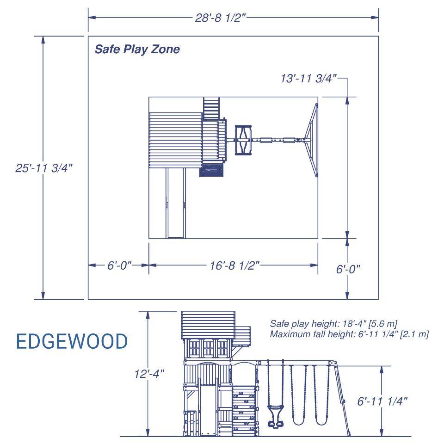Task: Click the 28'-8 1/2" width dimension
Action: pos(220,18)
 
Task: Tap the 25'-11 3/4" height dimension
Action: pos(44,168)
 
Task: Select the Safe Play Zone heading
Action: pos(137,49)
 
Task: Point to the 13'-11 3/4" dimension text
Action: pos(308,79)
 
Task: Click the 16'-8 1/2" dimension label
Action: pos(234,265)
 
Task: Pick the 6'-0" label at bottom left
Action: pos(119,265)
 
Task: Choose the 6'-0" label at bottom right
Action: pos(348,269)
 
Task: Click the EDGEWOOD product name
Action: pos(72,341)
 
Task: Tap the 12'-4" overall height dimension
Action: pos(149,374)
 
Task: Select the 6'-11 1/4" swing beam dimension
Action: pos(382,401)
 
